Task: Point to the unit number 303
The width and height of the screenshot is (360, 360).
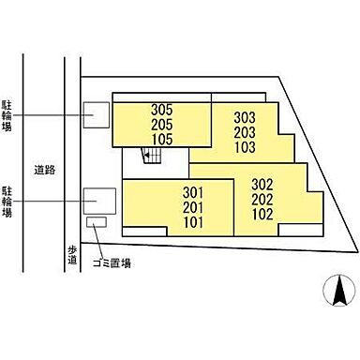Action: click(245, 117)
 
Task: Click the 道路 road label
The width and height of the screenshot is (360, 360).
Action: click(44, 171)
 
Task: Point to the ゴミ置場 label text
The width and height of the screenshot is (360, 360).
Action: click(112, 263)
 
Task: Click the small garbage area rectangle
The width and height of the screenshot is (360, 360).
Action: click(96, 222)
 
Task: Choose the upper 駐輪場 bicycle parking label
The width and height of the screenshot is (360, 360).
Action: click(7, 115)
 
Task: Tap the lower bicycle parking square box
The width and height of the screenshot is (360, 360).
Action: click(99, 200)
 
